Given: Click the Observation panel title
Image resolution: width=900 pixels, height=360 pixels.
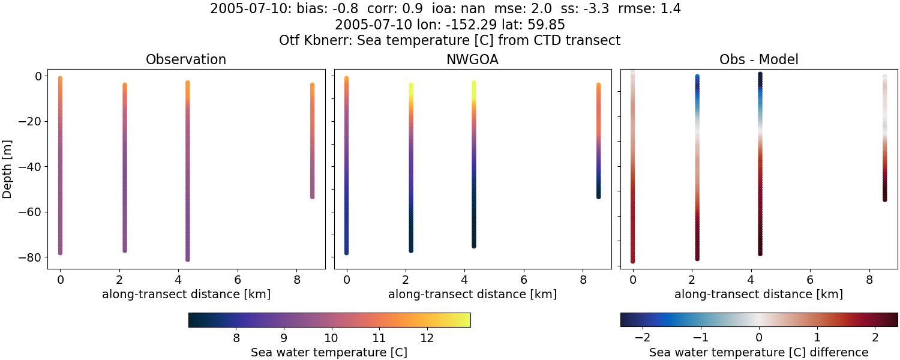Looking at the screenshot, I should [x=186, y=60].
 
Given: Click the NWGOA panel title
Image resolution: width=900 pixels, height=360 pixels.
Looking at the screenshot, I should [x=472, y=60].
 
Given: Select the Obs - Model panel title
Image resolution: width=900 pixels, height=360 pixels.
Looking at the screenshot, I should [x=758, y=60].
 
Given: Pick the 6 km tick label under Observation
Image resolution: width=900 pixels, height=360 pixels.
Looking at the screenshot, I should [x=238, y=280].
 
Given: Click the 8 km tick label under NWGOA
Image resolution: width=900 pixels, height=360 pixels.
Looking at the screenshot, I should [x=583, y=280].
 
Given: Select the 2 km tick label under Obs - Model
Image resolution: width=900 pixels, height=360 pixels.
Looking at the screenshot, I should [x=697, y=280].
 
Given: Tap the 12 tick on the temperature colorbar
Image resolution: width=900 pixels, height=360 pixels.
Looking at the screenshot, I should [x=427, y=337].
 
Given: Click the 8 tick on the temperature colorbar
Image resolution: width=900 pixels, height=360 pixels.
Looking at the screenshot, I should [x=236, y=337].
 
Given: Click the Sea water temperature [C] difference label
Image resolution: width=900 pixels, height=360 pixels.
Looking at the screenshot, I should [x=758, y=352].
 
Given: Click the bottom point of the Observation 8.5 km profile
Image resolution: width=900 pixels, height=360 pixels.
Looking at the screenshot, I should [x=312, y=196].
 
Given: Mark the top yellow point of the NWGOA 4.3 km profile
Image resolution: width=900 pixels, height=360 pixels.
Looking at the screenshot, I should [x=474, y=83].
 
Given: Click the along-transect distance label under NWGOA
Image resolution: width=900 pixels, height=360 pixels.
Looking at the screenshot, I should [x=472, y=295].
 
